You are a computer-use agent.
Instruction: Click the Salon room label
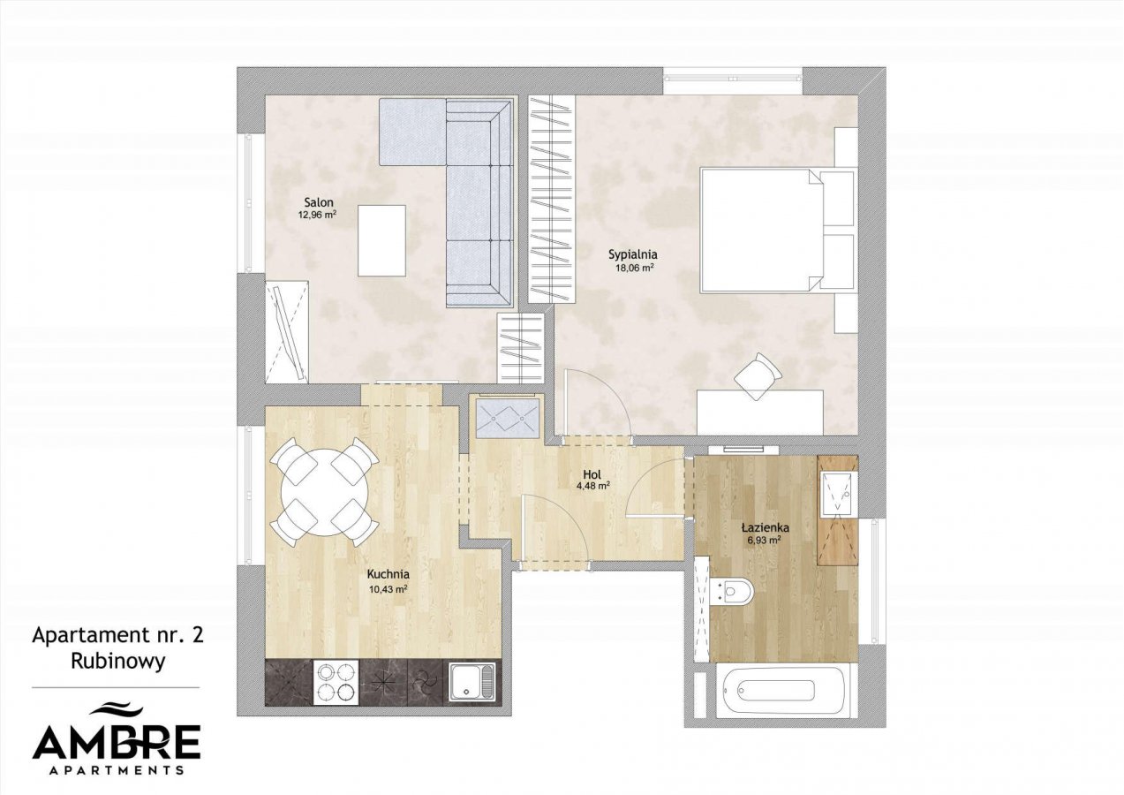click(319, 203)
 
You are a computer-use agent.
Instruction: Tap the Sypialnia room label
click(633, 254)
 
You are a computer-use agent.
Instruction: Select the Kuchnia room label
click(388, 573)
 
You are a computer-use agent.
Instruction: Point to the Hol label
click(592, 473)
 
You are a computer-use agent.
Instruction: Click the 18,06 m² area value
click(634, 268)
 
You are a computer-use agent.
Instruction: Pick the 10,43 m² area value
click(388, 589)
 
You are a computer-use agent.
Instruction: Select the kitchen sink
click(472, 682)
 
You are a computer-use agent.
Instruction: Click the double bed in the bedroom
click(777, 231)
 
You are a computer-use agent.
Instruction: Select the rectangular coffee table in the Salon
click(381, 240)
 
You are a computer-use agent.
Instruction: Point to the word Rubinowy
click(117, 662)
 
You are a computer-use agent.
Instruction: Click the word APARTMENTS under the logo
click(117, 769)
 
